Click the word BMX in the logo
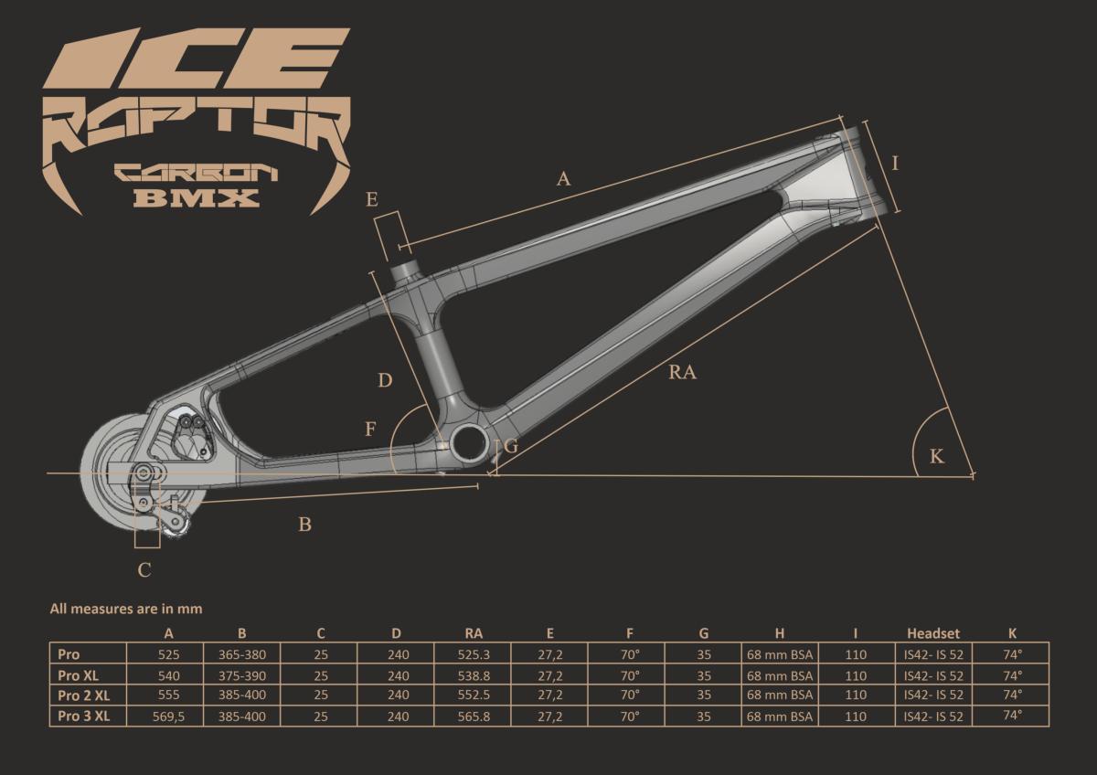pos(197,197)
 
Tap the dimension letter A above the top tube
pos(564,179)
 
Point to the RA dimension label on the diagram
pos(682,373)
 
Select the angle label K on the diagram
pos(937,456)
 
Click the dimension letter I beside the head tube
pos(896,163)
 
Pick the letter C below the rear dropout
pos(144,570)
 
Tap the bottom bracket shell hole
pos(470,442)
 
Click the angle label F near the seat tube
pos(370,430)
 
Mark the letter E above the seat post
pos(372,199)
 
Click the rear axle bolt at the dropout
pos(144,472)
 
